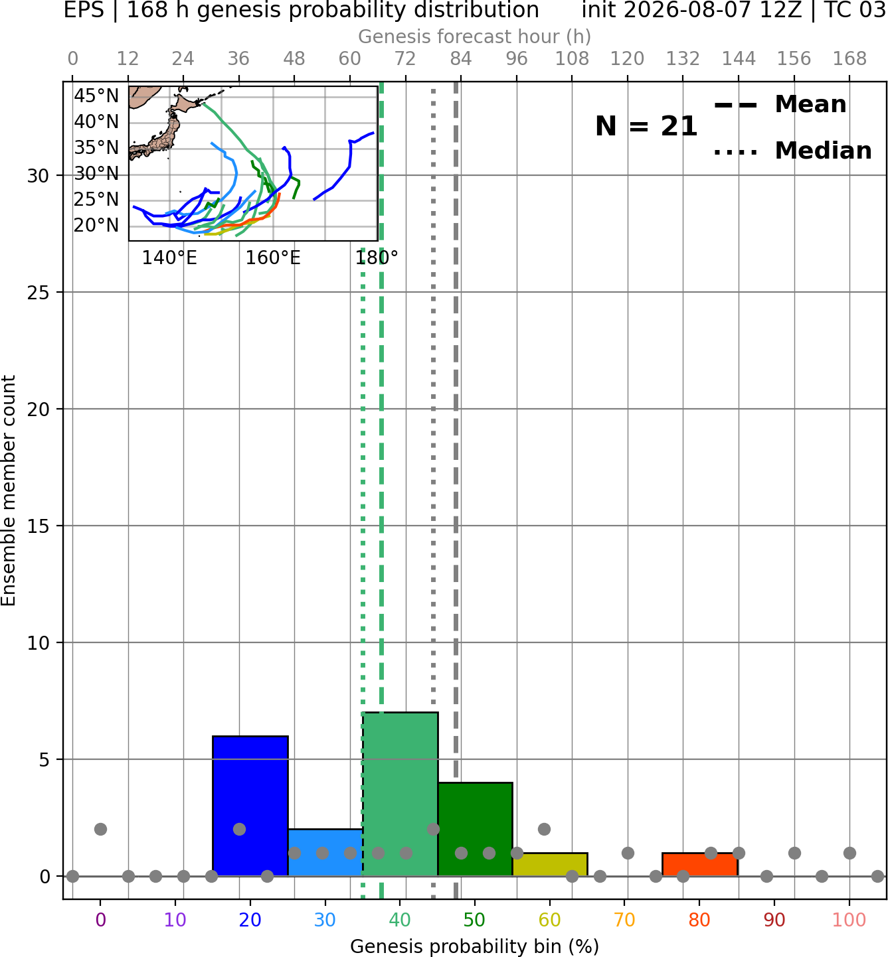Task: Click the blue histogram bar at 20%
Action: pos(250,806)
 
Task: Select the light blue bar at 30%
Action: pos(325,853)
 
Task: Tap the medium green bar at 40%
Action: pos(400,794)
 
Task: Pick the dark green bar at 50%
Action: pos(475,830)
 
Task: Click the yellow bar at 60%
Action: pos(550,865)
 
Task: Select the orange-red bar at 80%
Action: pos(700,865)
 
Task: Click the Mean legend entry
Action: pos(780,105)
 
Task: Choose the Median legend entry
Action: pos(792,151)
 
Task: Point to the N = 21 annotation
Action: pos(646,126)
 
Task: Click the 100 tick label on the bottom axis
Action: pos(849,920)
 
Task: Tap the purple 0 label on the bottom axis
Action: pos(100,920)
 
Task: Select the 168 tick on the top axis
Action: pos(849,59)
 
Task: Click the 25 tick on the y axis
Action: pos(38,293)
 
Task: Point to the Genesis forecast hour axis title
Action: pos(475,37)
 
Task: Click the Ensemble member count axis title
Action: pos(9,490)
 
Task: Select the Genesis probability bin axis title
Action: pos(475,946)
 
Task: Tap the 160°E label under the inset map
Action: pos(273,258)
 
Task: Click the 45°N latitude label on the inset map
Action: pos(96,96)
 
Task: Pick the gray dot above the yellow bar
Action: pos(544,830)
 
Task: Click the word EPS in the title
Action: pos(84,10)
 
